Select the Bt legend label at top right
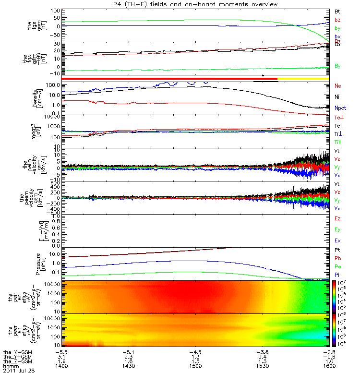click(337, 11)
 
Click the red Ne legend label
click(337, 85)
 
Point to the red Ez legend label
click(337, 218)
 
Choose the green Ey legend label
click(337, 229)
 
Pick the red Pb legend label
click(337, 258)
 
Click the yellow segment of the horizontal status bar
click(303, 78)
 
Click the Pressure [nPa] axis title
click(42, 263)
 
